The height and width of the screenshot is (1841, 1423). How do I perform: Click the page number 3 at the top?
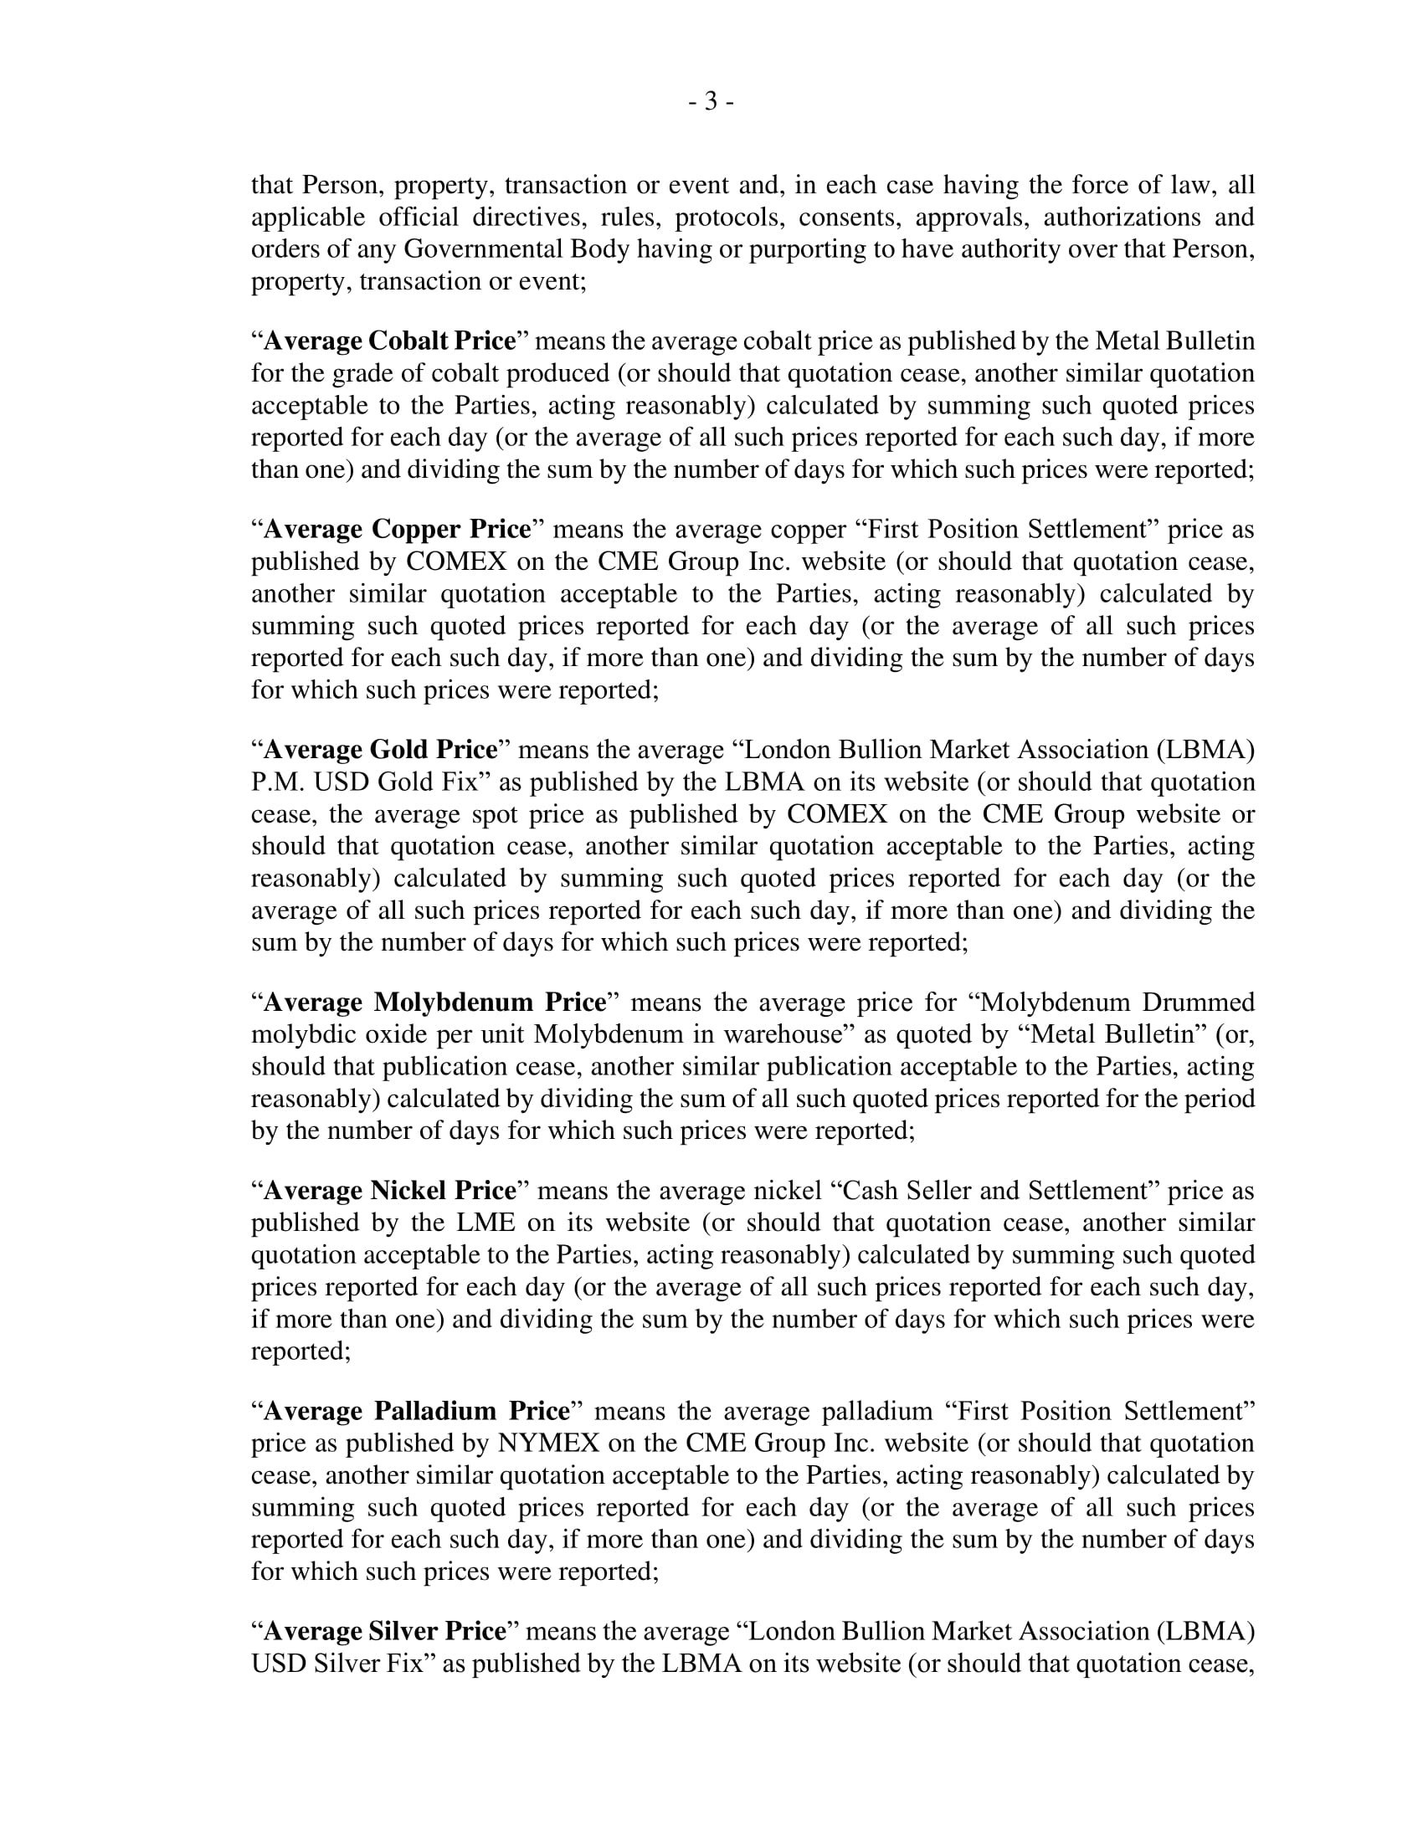point(711,101)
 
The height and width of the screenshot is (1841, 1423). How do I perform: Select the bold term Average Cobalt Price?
point(389,341)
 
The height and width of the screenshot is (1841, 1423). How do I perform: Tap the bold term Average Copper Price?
point(397,529)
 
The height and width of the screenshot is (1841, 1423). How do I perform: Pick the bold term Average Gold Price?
point(380,750)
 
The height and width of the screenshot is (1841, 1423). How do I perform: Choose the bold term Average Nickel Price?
point(389,1190)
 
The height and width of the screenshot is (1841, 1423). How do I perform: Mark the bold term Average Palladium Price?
point(417,1411)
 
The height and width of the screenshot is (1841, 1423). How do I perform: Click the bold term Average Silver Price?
point(384,1631)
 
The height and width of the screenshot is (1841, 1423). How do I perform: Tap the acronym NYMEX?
point(548,1444)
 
